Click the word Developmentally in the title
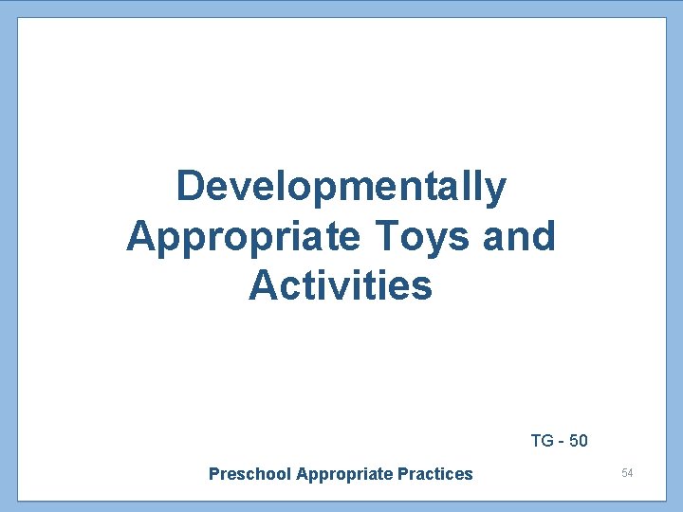click(x=341, y=187)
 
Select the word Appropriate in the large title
click(x=243, y=236)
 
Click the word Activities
click(x=341, y=285)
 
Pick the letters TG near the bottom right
click(x=542, y=441)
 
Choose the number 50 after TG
click(x=578, y=441)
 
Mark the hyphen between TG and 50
click(x=560, y=442)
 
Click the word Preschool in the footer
click(x=249, y=474)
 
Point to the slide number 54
click(x=627, y=472)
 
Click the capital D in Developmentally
click(x=191, y=187)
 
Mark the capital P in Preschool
click(x=213, y=474)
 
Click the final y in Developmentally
click(x=496, y=191)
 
